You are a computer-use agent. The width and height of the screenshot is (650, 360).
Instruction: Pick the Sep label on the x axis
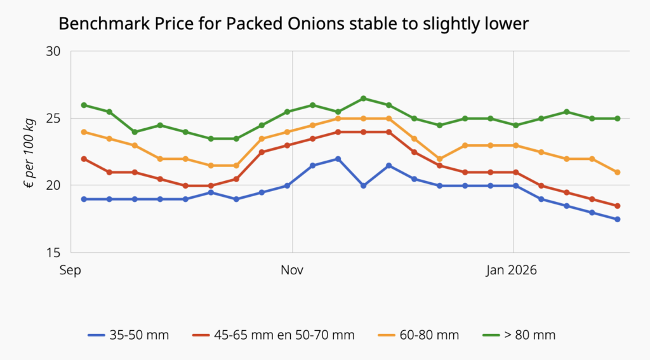pos(70,270)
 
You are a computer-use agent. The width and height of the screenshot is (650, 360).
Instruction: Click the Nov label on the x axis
pos(292,270)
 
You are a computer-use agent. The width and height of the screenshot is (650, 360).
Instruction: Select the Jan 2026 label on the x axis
pos(512,270)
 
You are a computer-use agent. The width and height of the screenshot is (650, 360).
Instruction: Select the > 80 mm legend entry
pos(519,335)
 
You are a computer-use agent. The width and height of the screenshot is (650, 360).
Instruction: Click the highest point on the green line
pos(363,98)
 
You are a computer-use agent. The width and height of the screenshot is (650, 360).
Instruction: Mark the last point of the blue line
pos(617,219)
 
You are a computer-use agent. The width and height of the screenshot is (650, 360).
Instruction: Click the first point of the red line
pos(84,159)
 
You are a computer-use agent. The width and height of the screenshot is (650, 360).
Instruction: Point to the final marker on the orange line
pos(617,172)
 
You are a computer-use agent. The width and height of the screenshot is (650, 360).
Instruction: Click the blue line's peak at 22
pos(338,159)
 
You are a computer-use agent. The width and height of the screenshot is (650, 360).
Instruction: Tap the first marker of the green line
pos(84,105)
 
